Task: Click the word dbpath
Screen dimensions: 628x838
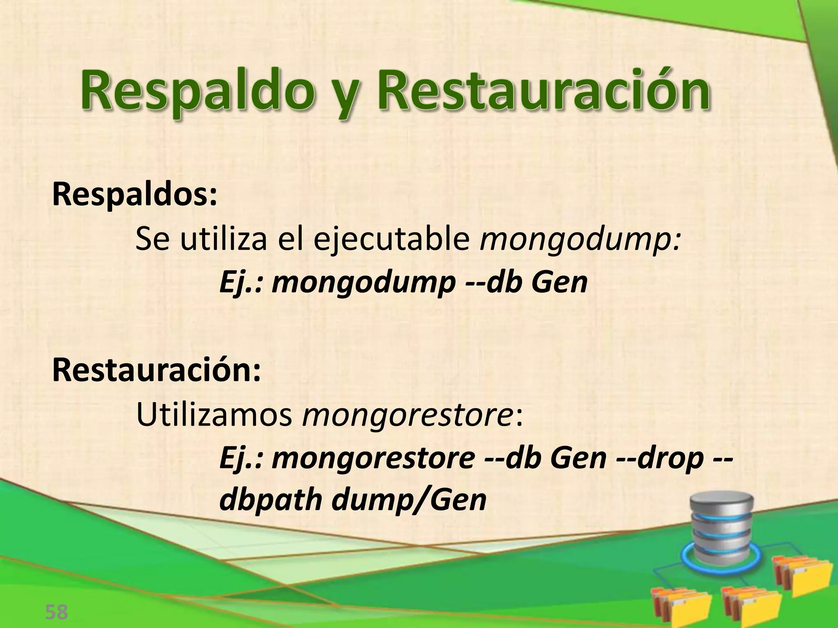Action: pyautogui.click(x=270, y=501)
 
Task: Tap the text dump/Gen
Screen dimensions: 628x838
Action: pyautogui.click(x=409, y=500)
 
